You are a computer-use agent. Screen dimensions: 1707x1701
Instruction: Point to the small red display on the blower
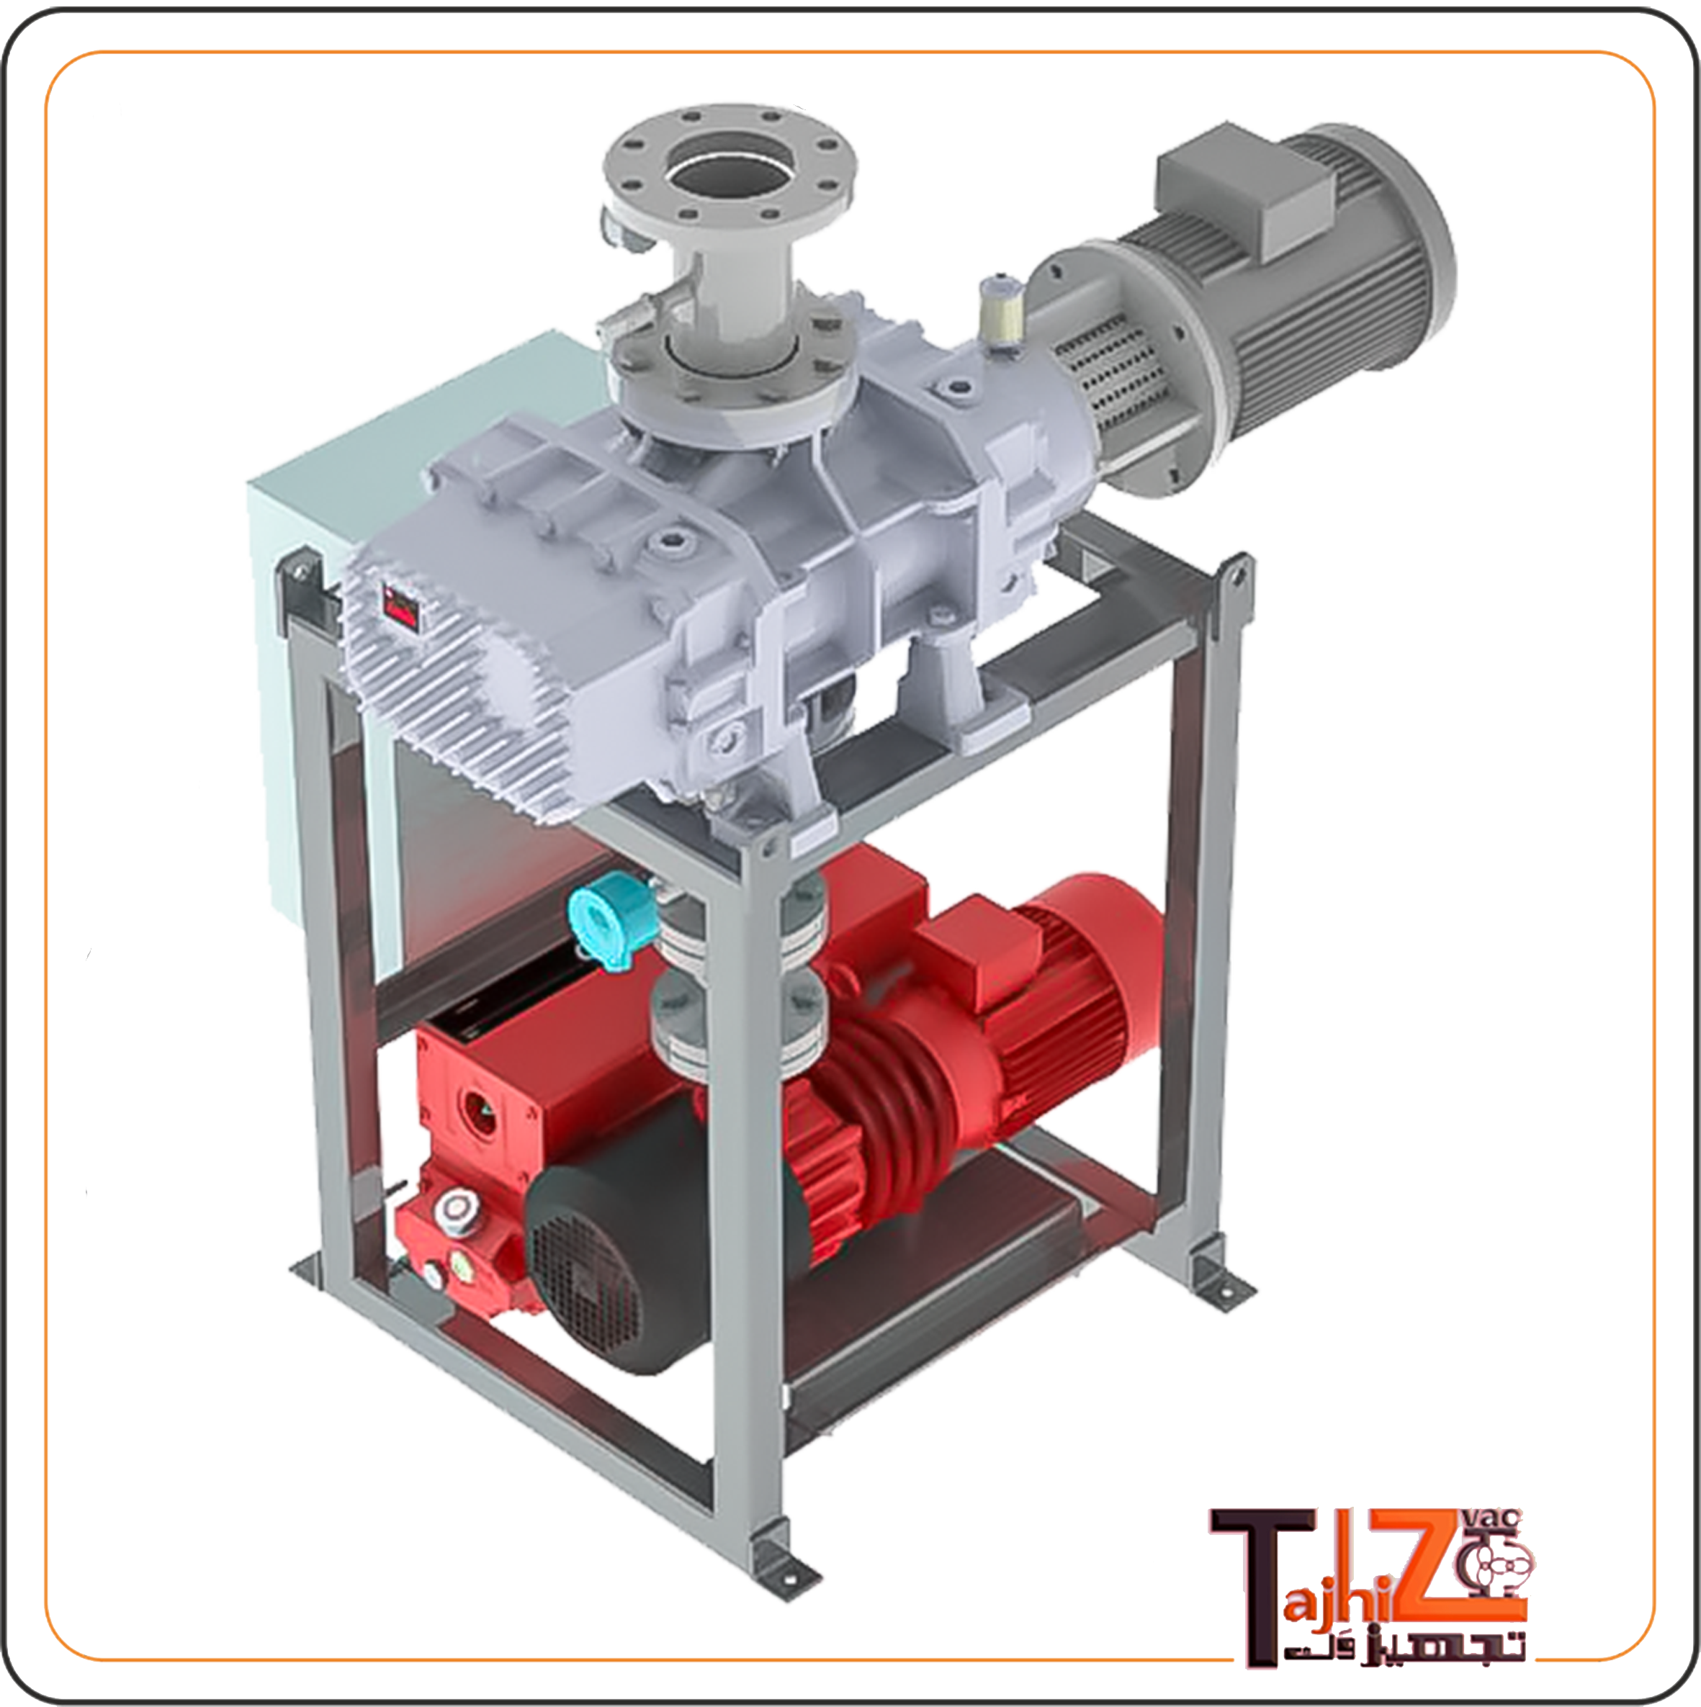point(402,607)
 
